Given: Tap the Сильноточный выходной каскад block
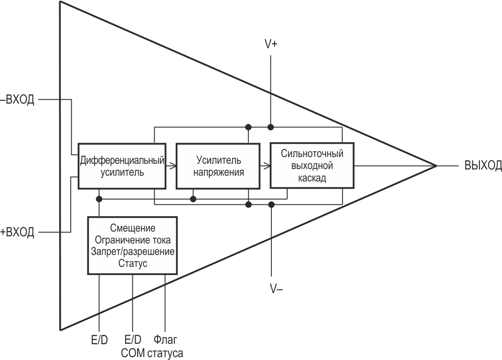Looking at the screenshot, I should click(x=312, y=166).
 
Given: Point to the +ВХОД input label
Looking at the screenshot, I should click(x=18, y=233).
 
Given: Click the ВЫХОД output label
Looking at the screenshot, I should click(x=483, y=166).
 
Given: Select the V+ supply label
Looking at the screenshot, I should click(x=271, y=44).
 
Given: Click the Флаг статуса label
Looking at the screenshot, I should click(x=165, y=346).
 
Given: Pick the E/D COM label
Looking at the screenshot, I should click(x=132, y=346).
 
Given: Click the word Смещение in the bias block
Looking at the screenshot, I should click(x=132, y=228).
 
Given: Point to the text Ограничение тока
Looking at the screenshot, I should click(x=132, y=239).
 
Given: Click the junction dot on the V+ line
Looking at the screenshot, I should click(x=271, y=127).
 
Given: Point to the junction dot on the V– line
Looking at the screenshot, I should click(x=271, y=204).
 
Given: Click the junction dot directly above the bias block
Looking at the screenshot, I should click(x=99, y=198).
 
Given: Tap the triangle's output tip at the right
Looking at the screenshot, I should click(x=436, y=166).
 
